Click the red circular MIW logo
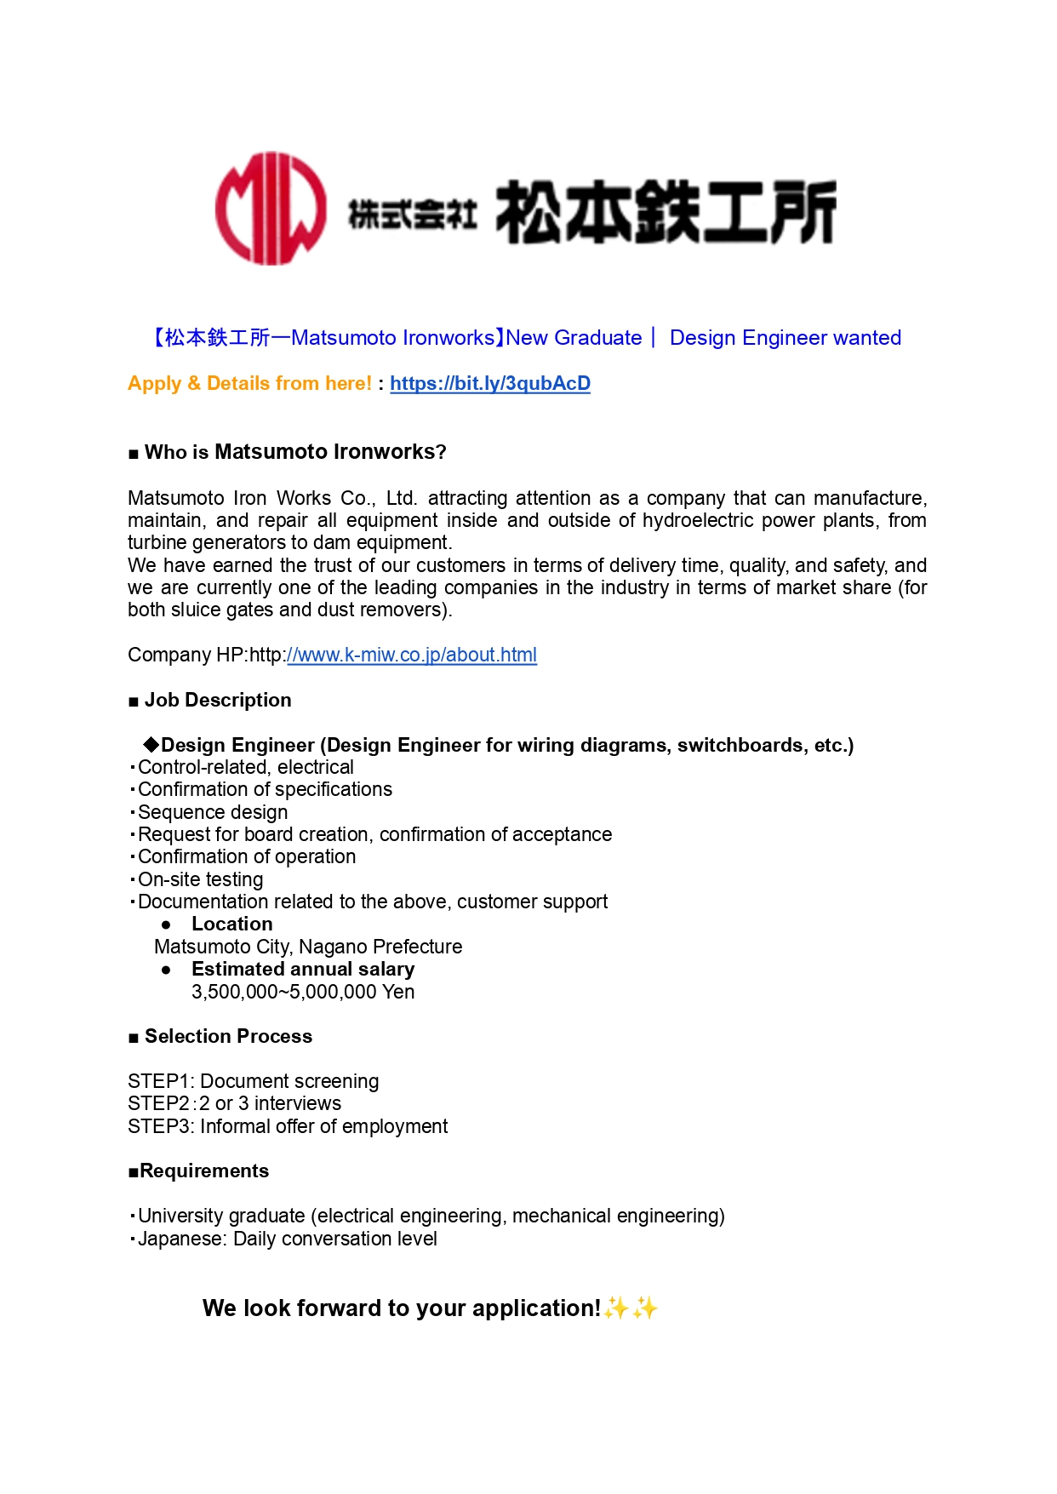270,209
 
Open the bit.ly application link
489,384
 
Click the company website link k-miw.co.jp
412,655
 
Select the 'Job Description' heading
218,700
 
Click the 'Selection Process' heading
228,1036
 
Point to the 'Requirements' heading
204,1171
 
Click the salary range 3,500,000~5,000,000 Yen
303,992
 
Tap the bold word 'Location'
231,924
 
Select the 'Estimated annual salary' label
303,969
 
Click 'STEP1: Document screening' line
254,1081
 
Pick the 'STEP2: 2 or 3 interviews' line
235,1103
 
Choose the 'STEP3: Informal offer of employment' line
288,1126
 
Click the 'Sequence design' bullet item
213,812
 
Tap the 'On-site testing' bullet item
200,879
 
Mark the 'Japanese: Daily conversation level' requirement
287,1239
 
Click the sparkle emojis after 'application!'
631,1308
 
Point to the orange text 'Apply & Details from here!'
249,384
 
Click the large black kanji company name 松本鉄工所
666,212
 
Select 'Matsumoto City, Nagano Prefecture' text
308,947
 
